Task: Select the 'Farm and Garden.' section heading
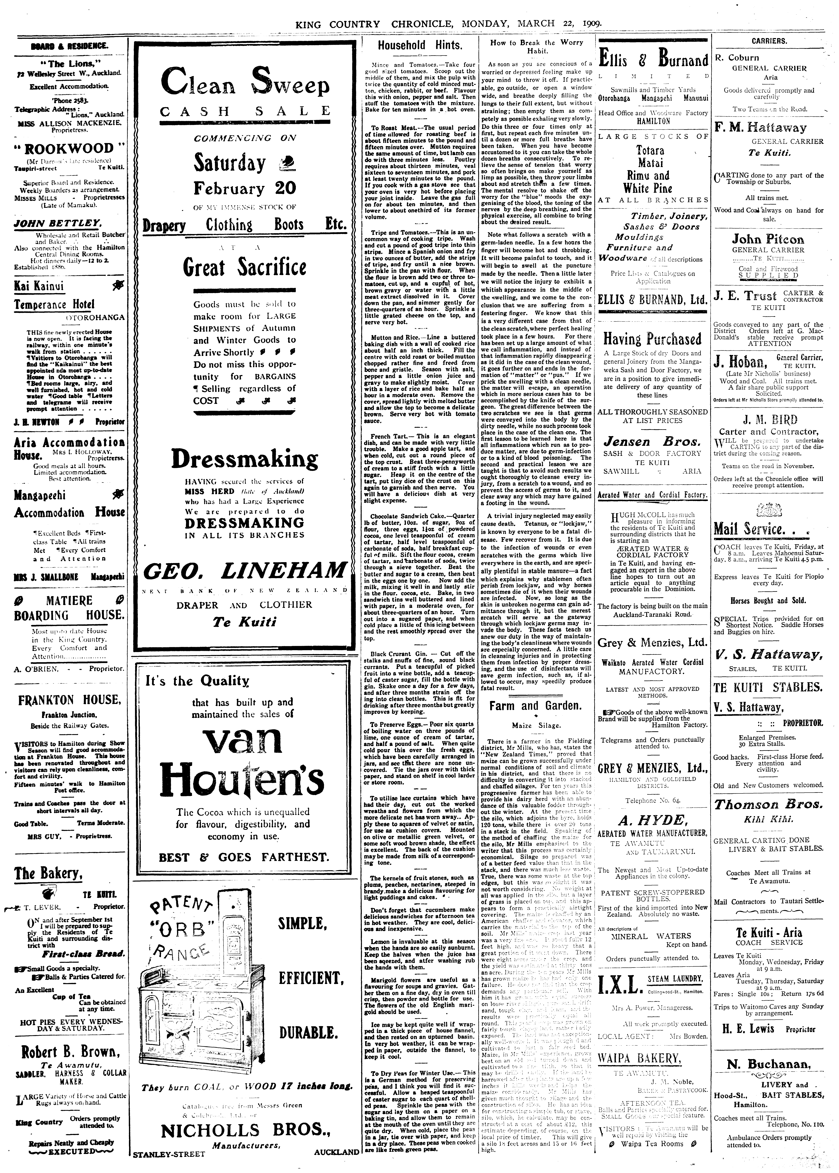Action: (x=535, y=706)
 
